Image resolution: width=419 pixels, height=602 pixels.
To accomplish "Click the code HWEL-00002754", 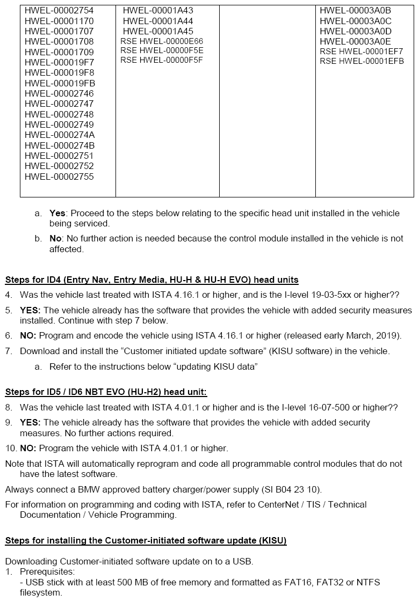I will tap(59, 11).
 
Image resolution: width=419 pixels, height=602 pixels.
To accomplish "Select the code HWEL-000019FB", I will tap(60, 83).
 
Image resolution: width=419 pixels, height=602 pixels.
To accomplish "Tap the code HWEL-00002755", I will tap(59, 177).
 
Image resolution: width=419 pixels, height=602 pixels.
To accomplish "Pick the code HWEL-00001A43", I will tap(158, 11).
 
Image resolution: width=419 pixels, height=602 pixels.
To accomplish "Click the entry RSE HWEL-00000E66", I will tap(162, 41).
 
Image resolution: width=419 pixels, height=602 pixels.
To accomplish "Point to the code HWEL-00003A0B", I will tap(355, 11).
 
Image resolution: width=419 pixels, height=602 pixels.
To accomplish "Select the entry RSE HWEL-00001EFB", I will tap(362, 61).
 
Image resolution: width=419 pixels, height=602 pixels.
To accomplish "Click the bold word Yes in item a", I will tap(57, 213).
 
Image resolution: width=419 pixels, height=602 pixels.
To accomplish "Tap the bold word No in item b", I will tap(56, 238).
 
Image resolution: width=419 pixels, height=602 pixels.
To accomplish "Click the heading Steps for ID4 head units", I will tap(151, 280).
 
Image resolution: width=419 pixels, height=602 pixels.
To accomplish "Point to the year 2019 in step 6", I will tap(390, 336).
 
